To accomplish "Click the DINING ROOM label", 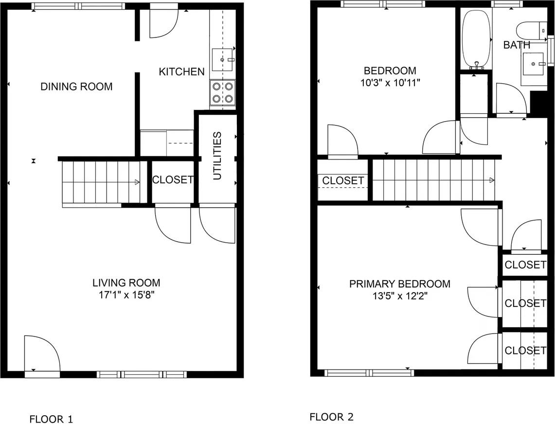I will [x=76, y=87].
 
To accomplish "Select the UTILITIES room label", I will [x=217, y=156].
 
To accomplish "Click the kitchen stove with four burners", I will [x=223, y=93].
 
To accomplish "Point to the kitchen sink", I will [x=224, y=59].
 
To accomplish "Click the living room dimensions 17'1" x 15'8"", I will [x=126, y=295].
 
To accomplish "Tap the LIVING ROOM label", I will [x=126, y=283].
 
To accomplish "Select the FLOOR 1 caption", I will [x=51, y=419].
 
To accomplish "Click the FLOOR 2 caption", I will [x=331, y=417].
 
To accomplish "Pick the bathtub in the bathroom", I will [x=476, y=39].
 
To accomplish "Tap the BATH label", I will [x=517, y=45].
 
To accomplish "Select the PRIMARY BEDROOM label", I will [x=399, y=284].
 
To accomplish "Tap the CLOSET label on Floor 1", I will [x=173, y=179].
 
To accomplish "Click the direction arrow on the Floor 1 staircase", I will [x=138, y=182].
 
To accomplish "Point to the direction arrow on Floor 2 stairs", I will [x=492, y=180].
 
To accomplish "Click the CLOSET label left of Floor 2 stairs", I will [x=343, y=181].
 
